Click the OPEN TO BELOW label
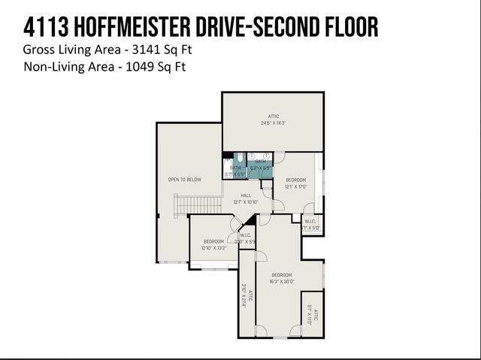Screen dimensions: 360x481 pyautogui.click(x=184, y=180)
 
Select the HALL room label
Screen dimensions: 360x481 pyautogui.click(x=246, y=195)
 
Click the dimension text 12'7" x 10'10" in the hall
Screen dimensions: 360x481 pyautogui.click(x=246, y=201)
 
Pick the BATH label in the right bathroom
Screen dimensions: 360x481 pyautogui.click(x=260, y=162)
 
